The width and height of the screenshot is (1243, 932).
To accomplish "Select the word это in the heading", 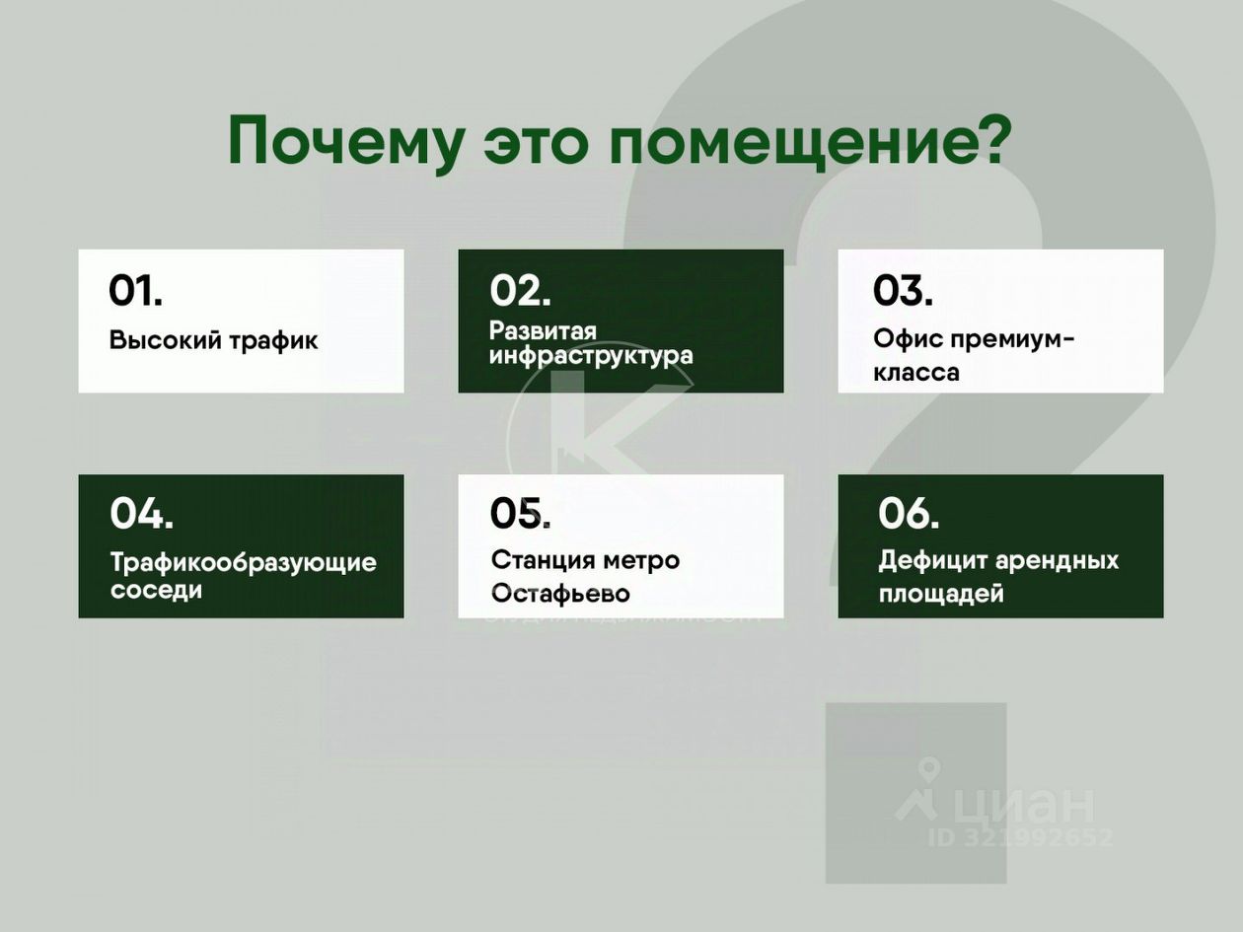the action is coord(538,143).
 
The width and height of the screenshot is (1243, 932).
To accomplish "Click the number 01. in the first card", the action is coord(135,291).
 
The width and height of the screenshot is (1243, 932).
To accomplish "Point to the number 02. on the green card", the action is coord(520,291).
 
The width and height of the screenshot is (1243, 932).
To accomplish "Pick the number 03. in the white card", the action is coord(903,291).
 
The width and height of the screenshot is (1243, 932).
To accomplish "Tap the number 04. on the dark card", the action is coord(142,514).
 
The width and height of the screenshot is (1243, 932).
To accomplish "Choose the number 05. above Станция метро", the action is coord(520,514).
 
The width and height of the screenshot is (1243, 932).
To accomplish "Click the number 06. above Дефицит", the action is coord(909,514).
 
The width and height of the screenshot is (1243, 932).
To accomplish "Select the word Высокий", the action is coord(165,340).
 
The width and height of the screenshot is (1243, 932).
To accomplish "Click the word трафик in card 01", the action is coord(273,341).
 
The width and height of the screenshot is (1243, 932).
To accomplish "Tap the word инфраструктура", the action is coord(591,356).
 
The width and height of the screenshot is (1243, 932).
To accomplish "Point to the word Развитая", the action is coord(543,331).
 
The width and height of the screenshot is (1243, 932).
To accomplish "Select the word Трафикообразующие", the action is coord(244,563).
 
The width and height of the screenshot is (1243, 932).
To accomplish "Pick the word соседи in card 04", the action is coord(156,590).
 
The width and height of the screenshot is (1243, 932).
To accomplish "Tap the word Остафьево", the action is coord(560,594).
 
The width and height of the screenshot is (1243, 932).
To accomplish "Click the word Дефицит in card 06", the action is coord(933,561).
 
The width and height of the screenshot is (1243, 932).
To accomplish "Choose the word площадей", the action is coord(941,594).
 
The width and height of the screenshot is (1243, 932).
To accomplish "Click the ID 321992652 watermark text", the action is coord(1020,837).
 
